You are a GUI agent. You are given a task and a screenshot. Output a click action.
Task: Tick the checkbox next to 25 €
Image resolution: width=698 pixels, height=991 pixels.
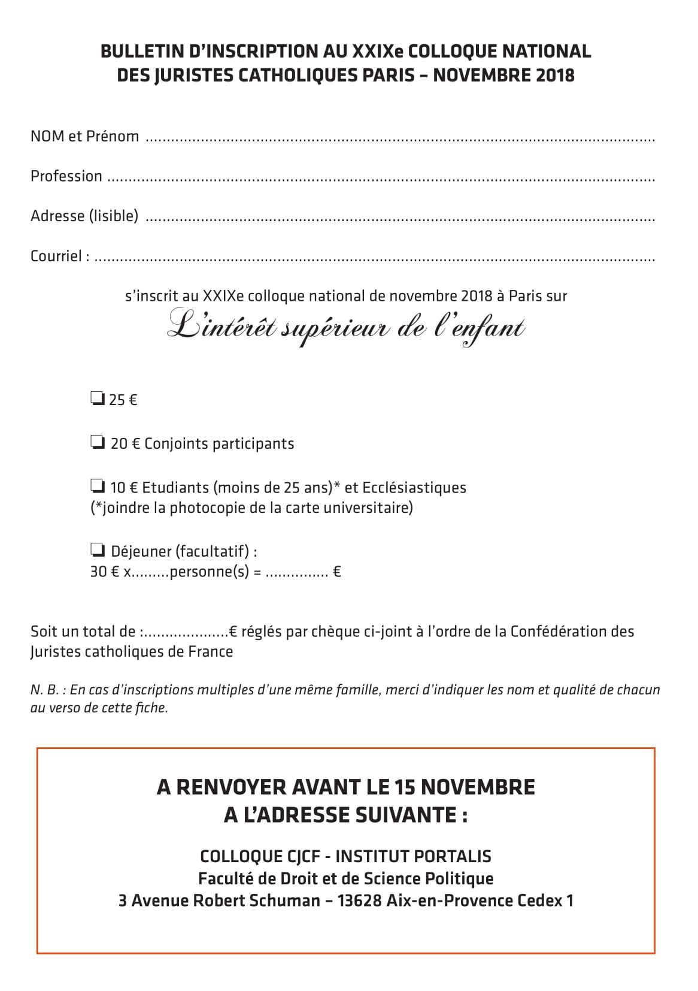pyautogui.click(x=98, y=398)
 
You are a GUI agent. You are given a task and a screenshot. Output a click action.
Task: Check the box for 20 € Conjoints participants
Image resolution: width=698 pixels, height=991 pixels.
pyautogui.click(x=98, y=443)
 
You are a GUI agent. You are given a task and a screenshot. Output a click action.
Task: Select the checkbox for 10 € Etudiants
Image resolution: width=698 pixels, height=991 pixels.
pyautogui.click(x=98, y=486)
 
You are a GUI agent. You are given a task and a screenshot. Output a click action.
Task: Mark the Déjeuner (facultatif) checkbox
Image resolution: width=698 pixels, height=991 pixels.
pyautogui.click(x=98, y=549)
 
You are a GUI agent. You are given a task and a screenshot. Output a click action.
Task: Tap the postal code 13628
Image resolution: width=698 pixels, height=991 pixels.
pyautogui.click(x=359, y=901)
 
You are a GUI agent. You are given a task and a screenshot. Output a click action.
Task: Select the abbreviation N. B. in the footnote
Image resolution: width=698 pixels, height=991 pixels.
pyautogui.click(x=44, y=690)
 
